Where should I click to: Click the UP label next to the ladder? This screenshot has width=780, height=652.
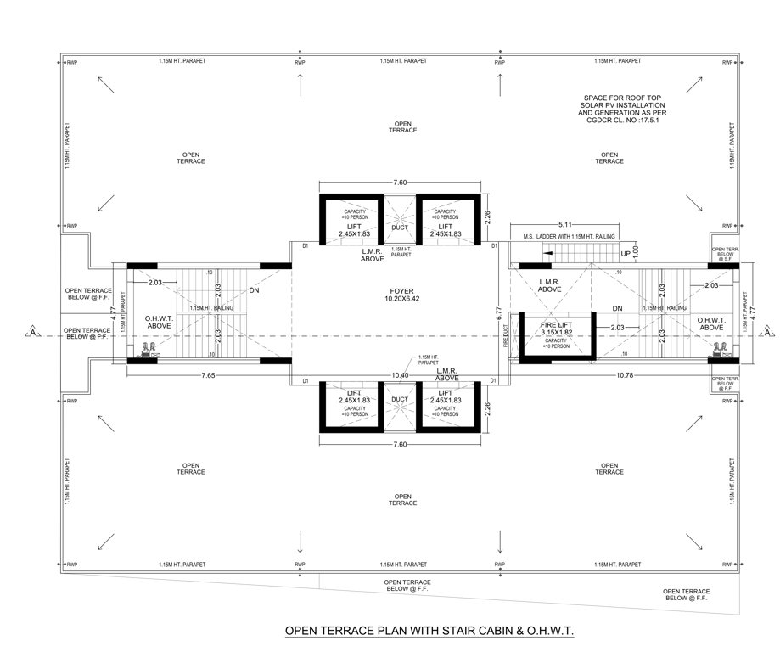(626, 254)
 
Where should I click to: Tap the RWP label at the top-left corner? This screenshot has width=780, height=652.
(72, 63)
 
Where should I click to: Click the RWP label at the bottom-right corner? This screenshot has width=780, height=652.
(727, 564)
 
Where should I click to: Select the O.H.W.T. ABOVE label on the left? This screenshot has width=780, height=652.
(160, 321)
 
